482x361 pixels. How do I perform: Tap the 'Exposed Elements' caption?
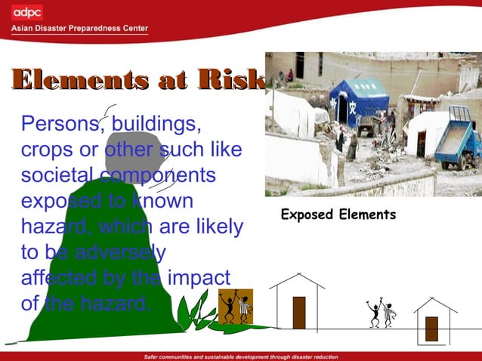pyautogui.click(x=338, y=215)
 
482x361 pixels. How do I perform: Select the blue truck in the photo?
pyautogui.click(x=459, y=138)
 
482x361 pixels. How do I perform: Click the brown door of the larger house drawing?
pyautogui.click(x=298, y=312)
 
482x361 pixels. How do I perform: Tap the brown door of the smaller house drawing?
pyautogui.click(x=431, y=328)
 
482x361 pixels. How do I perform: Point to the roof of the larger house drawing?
pyautogui.click(x=297, y=281)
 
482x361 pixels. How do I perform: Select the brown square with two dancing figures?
pyautogui.click(x=235, y=306)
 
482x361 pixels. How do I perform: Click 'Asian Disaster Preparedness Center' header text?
pyautogui.click(x=79, y=29)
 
